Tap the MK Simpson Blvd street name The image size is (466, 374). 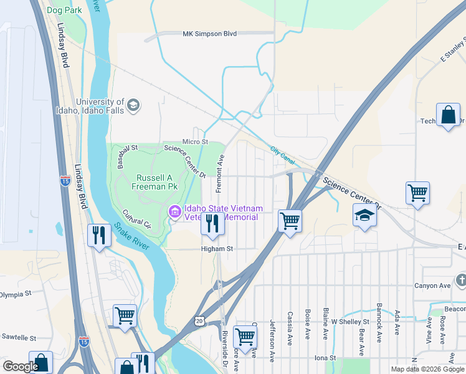209,34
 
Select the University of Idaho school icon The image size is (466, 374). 133,106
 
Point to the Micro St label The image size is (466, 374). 194,142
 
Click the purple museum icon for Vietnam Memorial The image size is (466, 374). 174,213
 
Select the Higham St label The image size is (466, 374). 216,248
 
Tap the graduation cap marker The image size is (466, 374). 364,215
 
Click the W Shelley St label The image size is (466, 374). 349,322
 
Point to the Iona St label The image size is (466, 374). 325,358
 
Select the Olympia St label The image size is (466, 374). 16,294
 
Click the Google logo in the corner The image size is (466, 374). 20,367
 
